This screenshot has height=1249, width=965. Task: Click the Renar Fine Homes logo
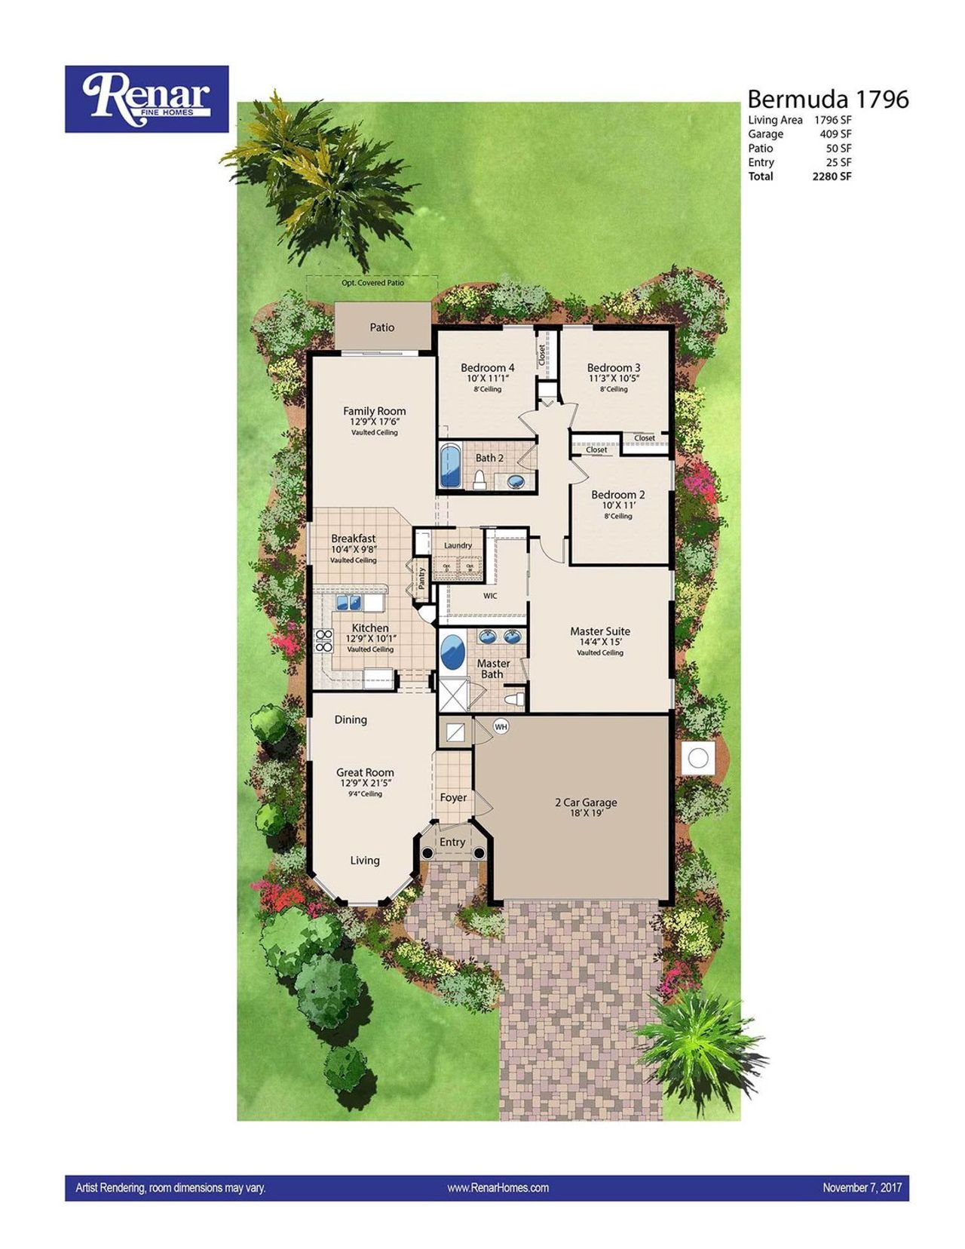coord(146,99)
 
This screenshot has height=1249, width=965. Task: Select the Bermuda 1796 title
coord(828,100)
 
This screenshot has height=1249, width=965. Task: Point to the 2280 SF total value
coord(832,176)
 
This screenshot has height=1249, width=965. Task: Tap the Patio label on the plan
coord(382,327)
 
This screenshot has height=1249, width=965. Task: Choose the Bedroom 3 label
coord(614,368)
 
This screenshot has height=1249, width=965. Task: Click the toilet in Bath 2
coord(479,480)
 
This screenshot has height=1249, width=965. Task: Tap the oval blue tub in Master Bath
coord(452,652)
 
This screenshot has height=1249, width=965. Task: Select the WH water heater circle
coord(501,726)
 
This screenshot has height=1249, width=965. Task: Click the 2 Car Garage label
coord(586,802)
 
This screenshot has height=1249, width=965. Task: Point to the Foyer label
coord(453,797)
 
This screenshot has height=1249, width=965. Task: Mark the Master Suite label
coord(600,631)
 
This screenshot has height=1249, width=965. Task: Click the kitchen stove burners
coord(323,640)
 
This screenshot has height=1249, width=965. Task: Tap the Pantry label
coord(421,578)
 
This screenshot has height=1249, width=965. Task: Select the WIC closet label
coord(490,596)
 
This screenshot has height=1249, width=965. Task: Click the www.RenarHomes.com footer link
coord(498,1188)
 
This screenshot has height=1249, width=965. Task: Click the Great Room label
coord(365,772)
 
